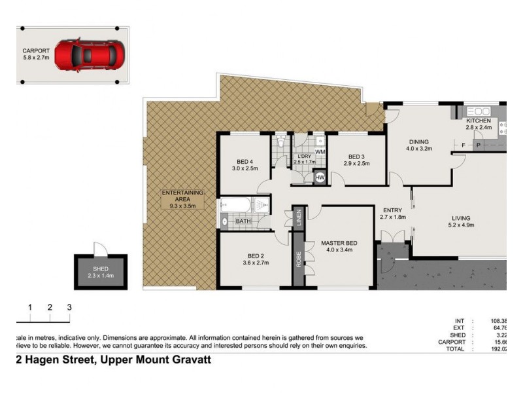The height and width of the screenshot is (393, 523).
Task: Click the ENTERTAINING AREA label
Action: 182,196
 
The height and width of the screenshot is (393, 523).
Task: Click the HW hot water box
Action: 320,177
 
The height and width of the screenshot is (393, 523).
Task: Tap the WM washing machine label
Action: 320,152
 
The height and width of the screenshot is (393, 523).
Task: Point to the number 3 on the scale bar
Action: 69,307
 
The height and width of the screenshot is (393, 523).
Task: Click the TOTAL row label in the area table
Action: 456,349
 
